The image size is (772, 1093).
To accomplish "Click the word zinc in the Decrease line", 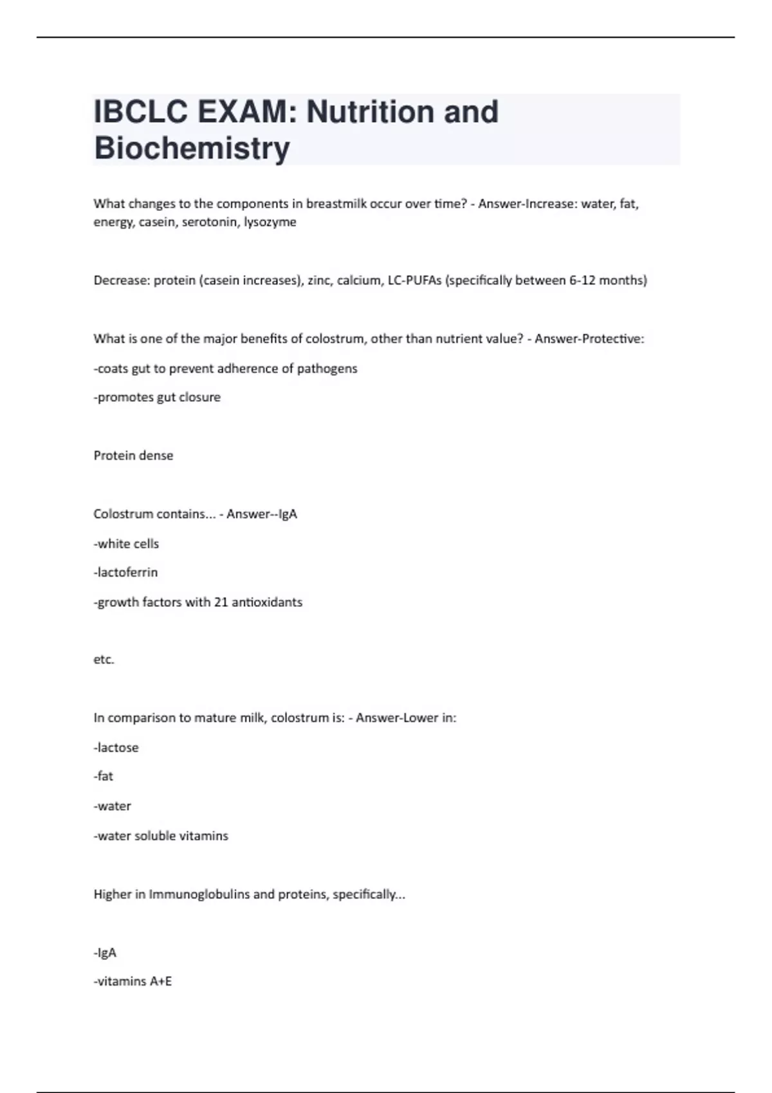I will point(319,280).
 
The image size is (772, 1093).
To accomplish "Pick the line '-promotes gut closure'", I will point(157,397).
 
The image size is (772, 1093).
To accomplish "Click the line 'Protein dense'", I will point(133,456).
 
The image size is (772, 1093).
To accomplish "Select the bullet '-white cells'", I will point(126,544).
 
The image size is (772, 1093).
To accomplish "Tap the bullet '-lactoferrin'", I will point(125,572).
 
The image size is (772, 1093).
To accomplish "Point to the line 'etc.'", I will point(104,660).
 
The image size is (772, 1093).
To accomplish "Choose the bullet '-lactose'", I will point(116,748).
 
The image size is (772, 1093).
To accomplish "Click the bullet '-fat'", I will point(103,776).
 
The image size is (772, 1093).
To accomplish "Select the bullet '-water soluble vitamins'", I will point(161,836).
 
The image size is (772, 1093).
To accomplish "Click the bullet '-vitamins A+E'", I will point(133,982).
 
